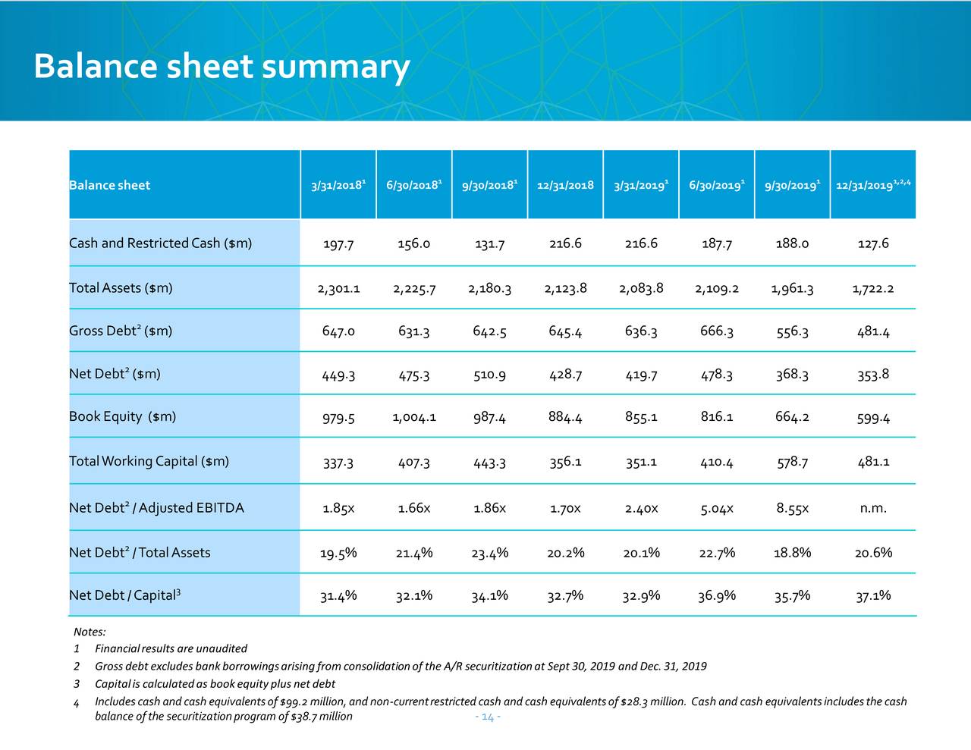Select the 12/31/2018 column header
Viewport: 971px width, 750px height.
tap(565, 185)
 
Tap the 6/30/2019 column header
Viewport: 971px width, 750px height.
tap(717, 185)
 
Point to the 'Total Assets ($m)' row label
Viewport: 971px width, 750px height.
tap(121, 287)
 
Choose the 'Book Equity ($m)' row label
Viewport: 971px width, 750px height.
tap(122, 416)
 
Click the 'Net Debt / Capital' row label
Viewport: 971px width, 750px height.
tap(124, 595)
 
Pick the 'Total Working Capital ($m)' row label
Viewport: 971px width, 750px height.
tap(149, 461)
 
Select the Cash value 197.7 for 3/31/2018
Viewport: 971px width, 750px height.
tap(338, 244)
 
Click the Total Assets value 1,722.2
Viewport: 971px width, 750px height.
tap(873, 289)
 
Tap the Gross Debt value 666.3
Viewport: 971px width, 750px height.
tap(717, 331)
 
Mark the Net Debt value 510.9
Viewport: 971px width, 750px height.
tap(490, 375)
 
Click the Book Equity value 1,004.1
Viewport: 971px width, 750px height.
tap(414, 417)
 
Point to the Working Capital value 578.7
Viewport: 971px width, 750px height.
tap(792, 461)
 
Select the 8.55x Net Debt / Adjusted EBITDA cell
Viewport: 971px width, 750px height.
tap(792, 508)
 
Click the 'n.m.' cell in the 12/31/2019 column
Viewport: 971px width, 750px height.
tap(873, 508)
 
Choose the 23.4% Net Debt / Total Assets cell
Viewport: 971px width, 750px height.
tap(490, 553)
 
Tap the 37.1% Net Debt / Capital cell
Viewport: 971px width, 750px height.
tap(873, 595)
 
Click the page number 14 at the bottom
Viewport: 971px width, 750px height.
tap(488, 717)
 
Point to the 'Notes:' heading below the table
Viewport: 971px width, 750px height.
tap(90, 632)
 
